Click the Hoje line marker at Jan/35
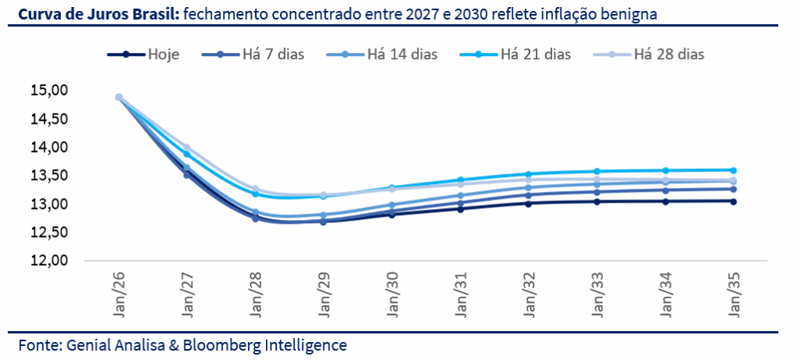pos(734,201)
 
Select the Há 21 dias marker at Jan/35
pos(734,170)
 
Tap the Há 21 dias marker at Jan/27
pos(187,154)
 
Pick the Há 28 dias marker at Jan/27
pos(187,147)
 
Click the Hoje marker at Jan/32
pos(529,203)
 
